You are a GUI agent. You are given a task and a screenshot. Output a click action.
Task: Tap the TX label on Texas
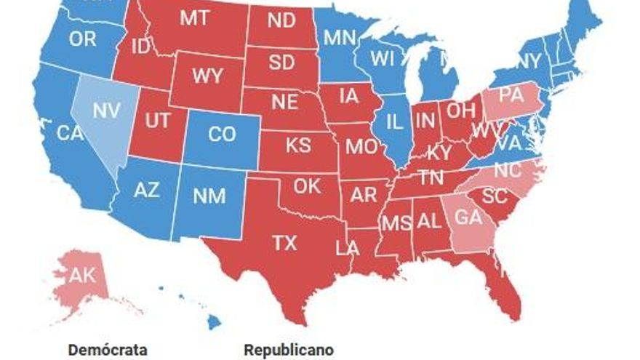click(284, 242)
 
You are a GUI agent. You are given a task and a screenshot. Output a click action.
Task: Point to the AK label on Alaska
click(81, 275)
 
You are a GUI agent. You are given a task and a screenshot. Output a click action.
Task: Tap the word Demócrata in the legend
click(108, 350)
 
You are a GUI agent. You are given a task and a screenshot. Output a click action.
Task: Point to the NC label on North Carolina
click(508, 170)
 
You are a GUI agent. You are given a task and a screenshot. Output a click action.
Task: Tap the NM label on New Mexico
click(209, 196)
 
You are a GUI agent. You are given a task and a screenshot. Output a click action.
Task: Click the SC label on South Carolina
click(495, 196)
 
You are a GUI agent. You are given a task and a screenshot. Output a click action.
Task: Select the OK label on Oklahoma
click(307, 186)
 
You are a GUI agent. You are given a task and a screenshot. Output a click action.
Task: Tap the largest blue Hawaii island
click(214, 321)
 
